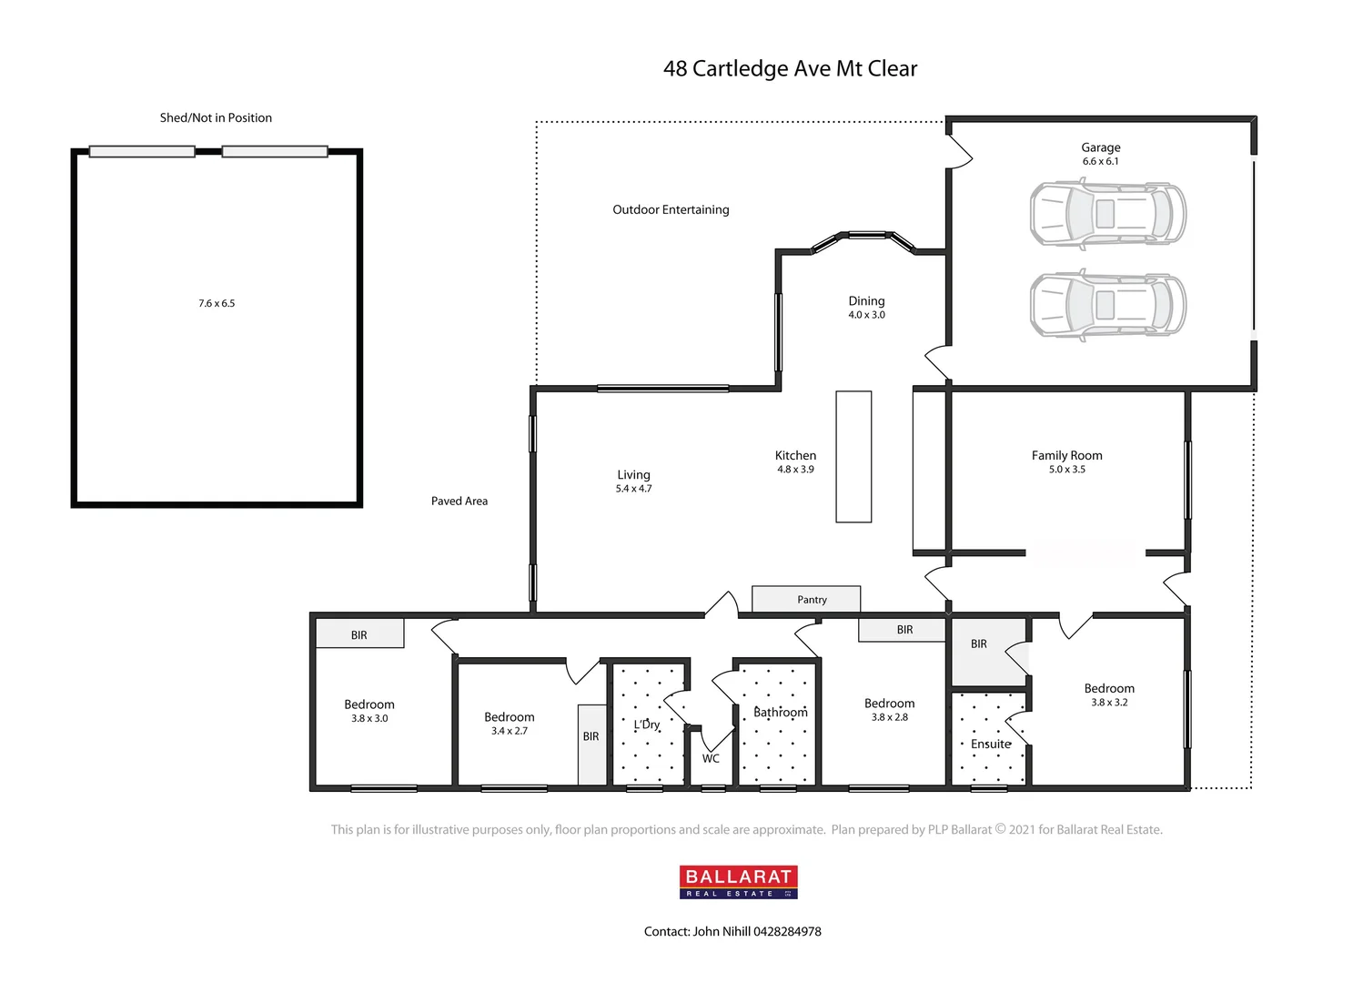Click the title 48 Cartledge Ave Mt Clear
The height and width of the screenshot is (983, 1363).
(790, 69)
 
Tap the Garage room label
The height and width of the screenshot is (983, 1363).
(1100, 147)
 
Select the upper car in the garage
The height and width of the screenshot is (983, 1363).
(1107, 214)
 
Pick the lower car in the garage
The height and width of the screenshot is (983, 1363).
(1107, 304)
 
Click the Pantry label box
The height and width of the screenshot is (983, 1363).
(806, 599)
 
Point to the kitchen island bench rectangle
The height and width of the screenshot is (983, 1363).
(853, 457)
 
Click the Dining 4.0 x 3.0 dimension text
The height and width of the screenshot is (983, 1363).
(866, 315)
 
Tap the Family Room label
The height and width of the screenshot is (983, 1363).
(1066, 455)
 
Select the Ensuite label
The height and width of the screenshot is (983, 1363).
(991, 744)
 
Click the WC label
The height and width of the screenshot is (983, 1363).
(711, 758)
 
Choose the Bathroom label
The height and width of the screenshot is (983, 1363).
(780, 713)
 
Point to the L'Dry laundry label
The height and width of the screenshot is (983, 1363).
(647, 725)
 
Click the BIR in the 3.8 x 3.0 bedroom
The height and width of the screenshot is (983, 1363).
(359, 634)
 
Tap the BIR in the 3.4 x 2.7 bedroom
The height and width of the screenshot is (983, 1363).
(591, 736)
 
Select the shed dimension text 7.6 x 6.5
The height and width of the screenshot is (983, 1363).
(217, 303)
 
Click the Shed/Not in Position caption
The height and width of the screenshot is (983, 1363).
(216, 117)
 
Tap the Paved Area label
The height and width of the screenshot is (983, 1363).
(459, 501)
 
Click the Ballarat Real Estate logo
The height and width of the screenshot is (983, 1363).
(738, 881)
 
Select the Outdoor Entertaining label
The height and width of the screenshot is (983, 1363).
(671, 209)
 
